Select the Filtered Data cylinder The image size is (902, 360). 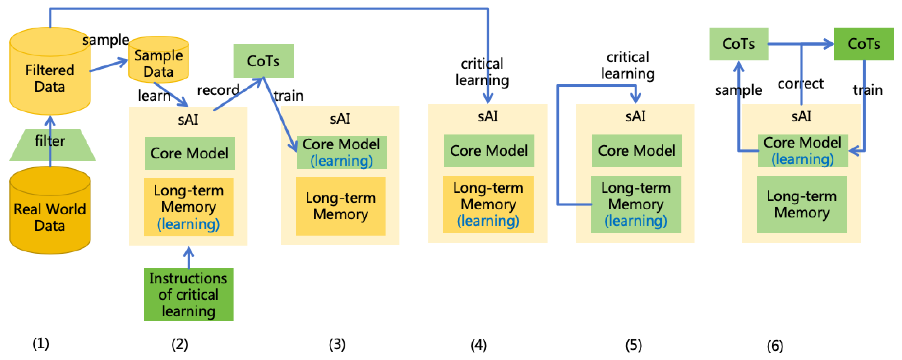[x=50, y=73]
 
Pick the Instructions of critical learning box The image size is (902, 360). [x=188, y=294]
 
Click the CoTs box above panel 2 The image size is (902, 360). [x=263, y=61]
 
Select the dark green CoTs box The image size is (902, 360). [x=864, y=44]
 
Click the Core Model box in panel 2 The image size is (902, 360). [x=190, y=153]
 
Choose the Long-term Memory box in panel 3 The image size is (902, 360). [x=340, y=206]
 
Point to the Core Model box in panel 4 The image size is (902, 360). [x=489, y=151]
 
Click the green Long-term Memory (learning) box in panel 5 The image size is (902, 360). [x=636, y=204]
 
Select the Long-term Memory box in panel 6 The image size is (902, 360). [x=801, y=204]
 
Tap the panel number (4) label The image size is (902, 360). [x=478, y=345]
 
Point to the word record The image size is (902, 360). [x=218, y=90]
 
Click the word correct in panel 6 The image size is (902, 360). [x=800, y=84]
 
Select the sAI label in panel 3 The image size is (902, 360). [x=340, y=119]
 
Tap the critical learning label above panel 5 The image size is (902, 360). [x=627, y=66]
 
